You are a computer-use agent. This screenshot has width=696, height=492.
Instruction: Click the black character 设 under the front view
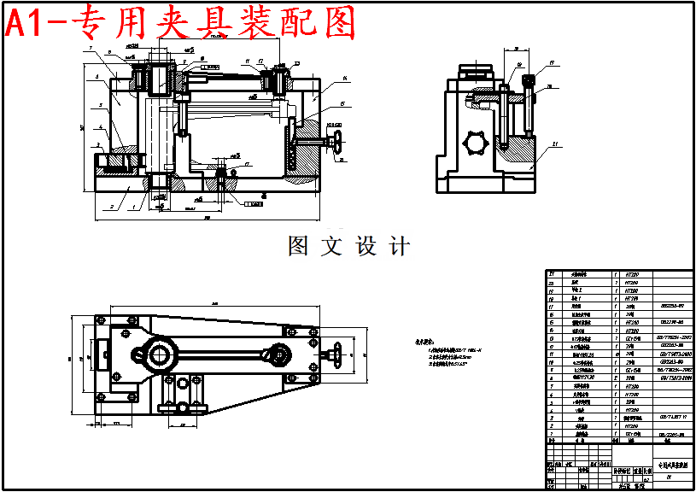tap(366, 247)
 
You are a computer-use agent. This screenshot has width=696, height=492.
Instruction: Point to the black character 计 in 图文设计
tap(399, 247)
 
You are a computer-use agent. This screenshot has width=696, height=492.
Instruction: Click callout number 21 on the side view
tap(557, 144)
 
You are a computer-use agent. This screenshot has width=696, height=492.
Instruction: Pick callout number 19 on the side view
tap(553, 62)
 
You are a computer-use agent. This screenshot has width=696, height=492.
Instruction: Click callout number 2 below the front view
tap(111, 207)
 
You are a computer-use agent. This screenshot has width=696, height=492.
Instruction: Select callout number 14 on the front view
tap(343, 79)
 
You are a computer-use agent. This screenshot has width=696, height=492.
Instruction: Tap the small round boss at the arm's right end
tap(278, 353)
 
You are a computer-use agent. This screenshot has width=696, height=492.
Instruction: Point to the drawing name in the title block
tap(668, 465)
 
